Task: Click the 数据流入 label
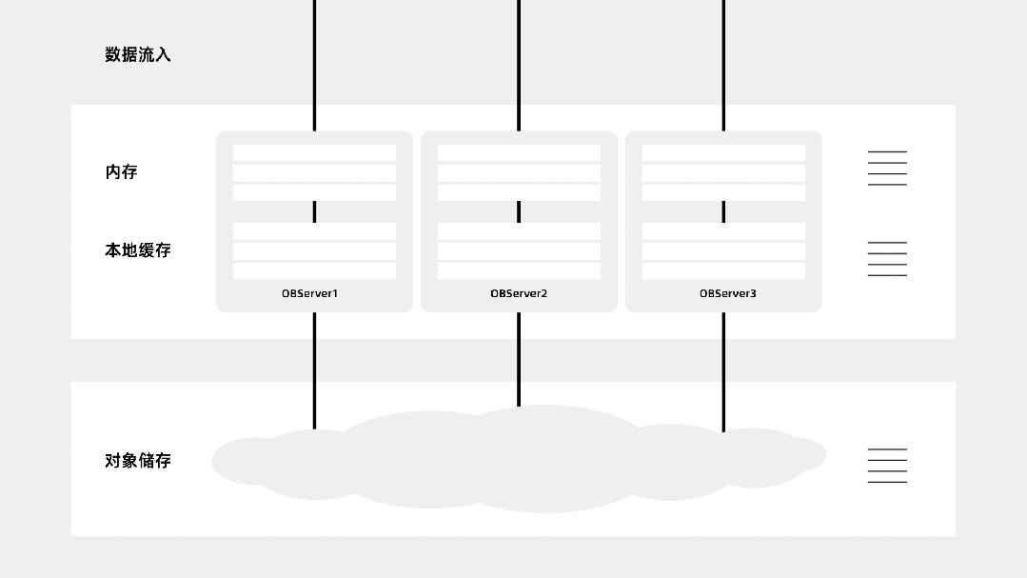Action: pos(137,55)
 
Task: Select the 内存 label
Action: pos(121,172)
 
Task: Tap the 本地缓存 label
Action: pos(137,250)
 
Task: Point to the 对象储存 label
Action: pos(137,461)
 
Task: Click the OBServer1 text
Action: pos(309,293)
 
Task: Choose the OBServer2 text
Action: pos(519,293)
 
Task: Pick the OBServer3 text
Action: pos(728,293)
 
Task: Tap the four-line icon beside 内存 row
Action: pos(887,168)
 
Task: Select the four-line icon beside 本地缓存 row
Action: pos(887,259)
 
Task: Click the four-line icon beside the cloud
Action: pos(887,466)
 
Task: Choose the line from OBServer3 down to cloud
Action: pos(723,371)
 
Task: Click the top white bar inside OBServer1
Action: pos(314,153)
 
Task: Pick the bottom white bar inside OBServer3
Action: pos(723,271)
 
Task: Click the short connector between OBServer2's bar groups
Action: pos(519,211)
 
